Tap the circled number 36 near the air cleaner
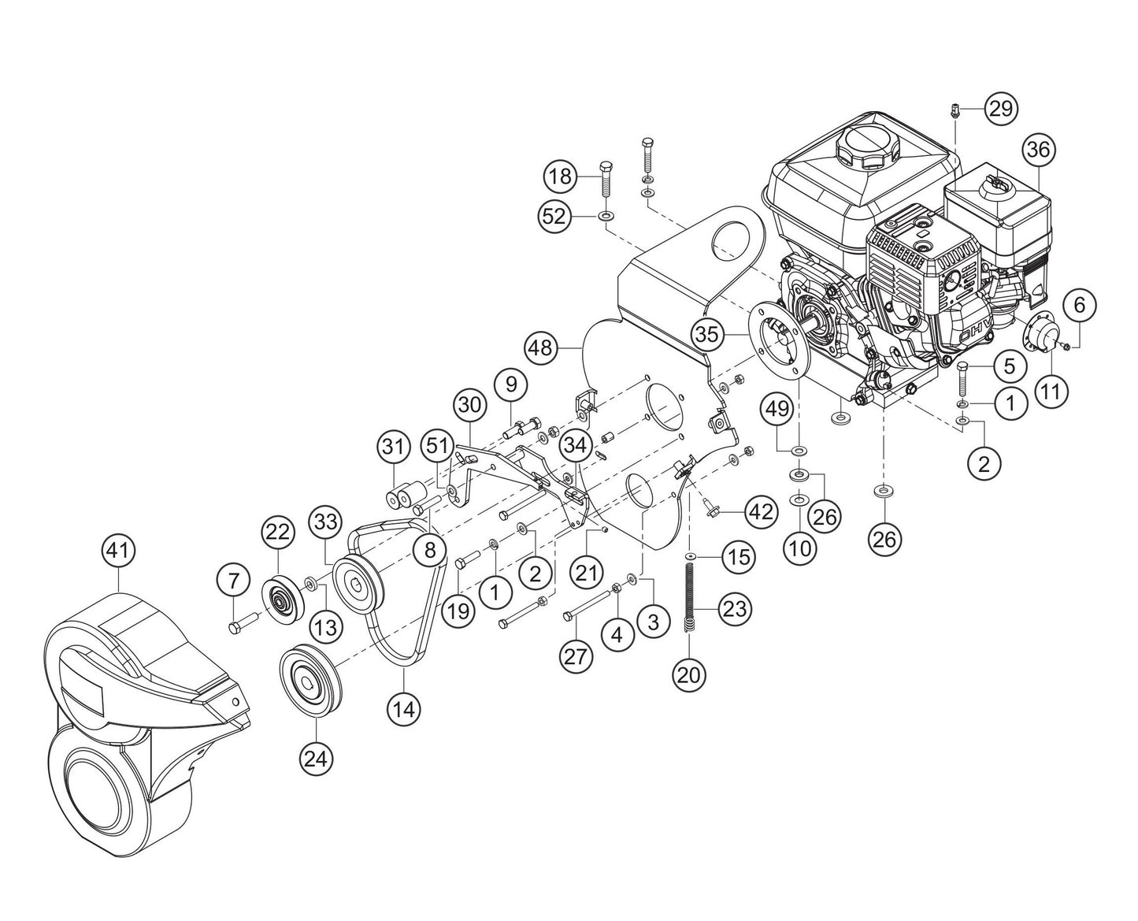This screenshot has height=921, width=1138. (x=1038, y=150)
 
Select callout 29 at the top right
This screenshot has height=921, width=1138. (x=999, y=108)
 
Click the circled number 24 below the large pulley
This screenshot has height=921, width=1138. (x=316, y=758)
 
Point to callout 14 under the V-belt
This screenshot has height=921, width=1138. (x=404, y=708)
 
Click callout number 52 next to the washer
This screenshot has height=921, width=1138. (x=555, y=216)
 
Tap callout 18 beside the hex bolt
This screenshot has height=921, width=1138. (x=561, y=176)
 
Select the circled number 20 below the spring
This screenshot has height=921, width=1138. (x=690, y=674)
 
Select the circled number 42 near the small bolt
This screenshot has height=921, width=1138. (x=759, y=512)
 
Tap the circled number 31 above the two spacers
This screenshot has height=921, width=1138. (x=394, y=447)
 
